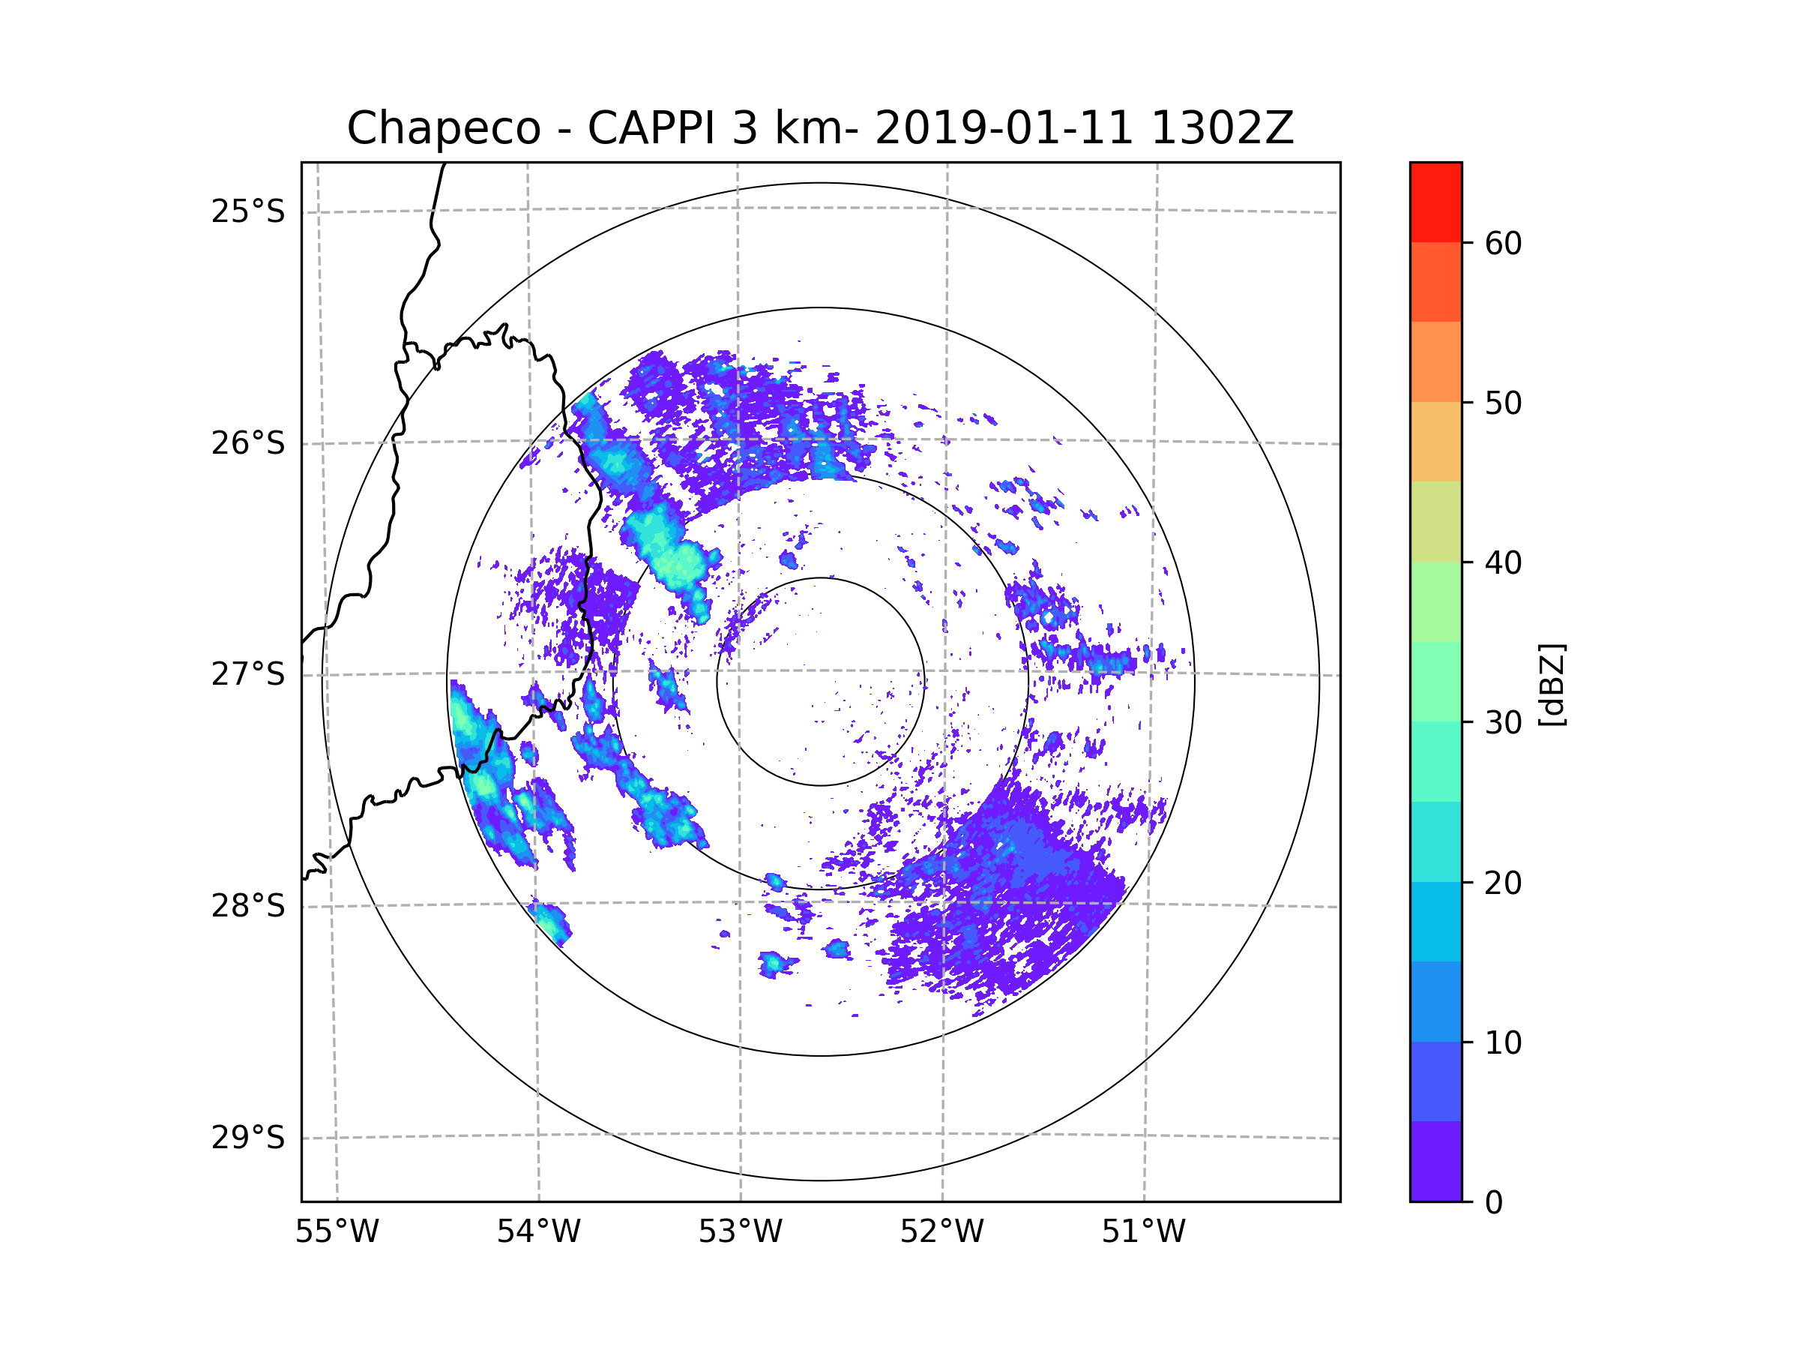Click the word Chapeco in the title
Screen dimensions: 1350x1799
(x=443, y=128)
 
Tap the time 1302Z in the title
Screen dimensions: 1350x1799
(x=1222, y=128)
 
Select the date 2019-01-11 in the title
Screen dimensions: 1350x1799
(x=1004, y=128)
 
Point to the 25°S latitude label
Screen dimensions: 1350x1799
(x=248, y=211)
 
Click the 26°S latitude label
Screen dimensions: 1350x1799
(x=248, y=443)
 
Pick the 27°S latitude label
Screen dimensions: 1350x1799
(x=248, y=674)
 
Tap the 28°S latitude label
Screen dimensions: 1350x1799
(x=248, y=906)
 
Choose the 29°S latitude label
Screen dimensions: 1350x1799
(x=248, y=1138)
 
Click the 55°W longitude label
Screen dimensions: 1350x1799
(x=337, y=1232)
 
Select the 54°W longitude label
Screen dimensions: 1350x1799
(x=538, y=1232)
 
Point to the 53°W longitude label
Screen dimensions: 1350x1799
(x=740, y=1232)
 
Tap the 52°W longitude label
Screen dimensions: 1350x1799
(x=941, y=1232)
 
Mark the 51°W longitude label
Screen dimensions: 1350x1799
(x=1143, y=1232)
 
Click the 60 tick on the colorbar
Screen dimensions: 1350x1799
(x=1503, y=243)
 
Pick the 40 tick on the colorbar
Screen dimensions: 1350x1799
(x=1503, y=563)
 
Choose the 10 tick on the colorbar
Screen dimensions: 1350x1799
(x=1503, y=1043)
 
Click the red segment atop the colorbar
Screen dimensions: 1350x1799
(x=1435, y=202)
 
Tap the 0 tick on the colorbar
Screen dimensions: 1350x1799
(x=1494, y=1203)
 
